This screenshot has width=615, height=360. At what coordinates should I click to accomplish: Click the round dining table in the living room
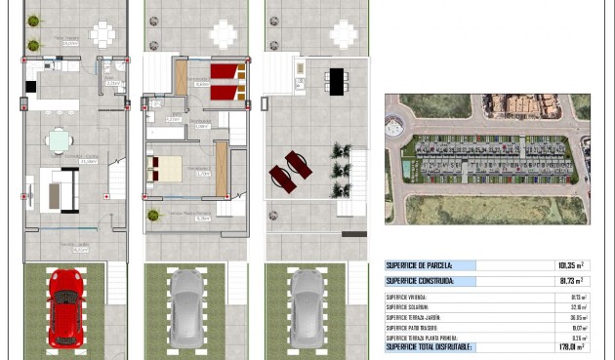[59, 140]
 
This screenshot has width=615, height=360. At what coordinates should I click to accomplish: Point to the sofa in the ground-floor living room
[64, 188]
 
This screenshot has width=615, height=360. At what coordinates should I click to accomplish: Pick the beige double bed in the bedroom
[165, 169]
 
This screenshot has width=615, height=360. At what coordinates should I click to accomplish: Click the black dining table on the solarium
[336, 81]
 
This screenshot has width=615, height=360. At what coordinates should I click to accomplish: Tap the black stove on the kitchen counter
[30, 86]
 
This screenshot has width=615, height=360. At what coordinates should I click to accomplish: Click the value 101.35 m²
[566, 264]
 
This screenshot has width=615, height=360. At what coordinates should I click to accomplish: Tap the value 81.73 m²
[567, 281]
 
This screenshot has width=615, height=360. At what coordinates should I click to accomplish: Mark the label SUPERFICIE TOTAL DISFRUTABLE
[430, 346]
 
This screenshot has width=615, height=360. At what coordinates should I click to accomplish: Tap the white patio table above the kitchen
[102, 34]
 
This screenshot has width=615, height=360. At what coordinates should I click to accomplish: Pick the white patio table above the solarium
[343, 34]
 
